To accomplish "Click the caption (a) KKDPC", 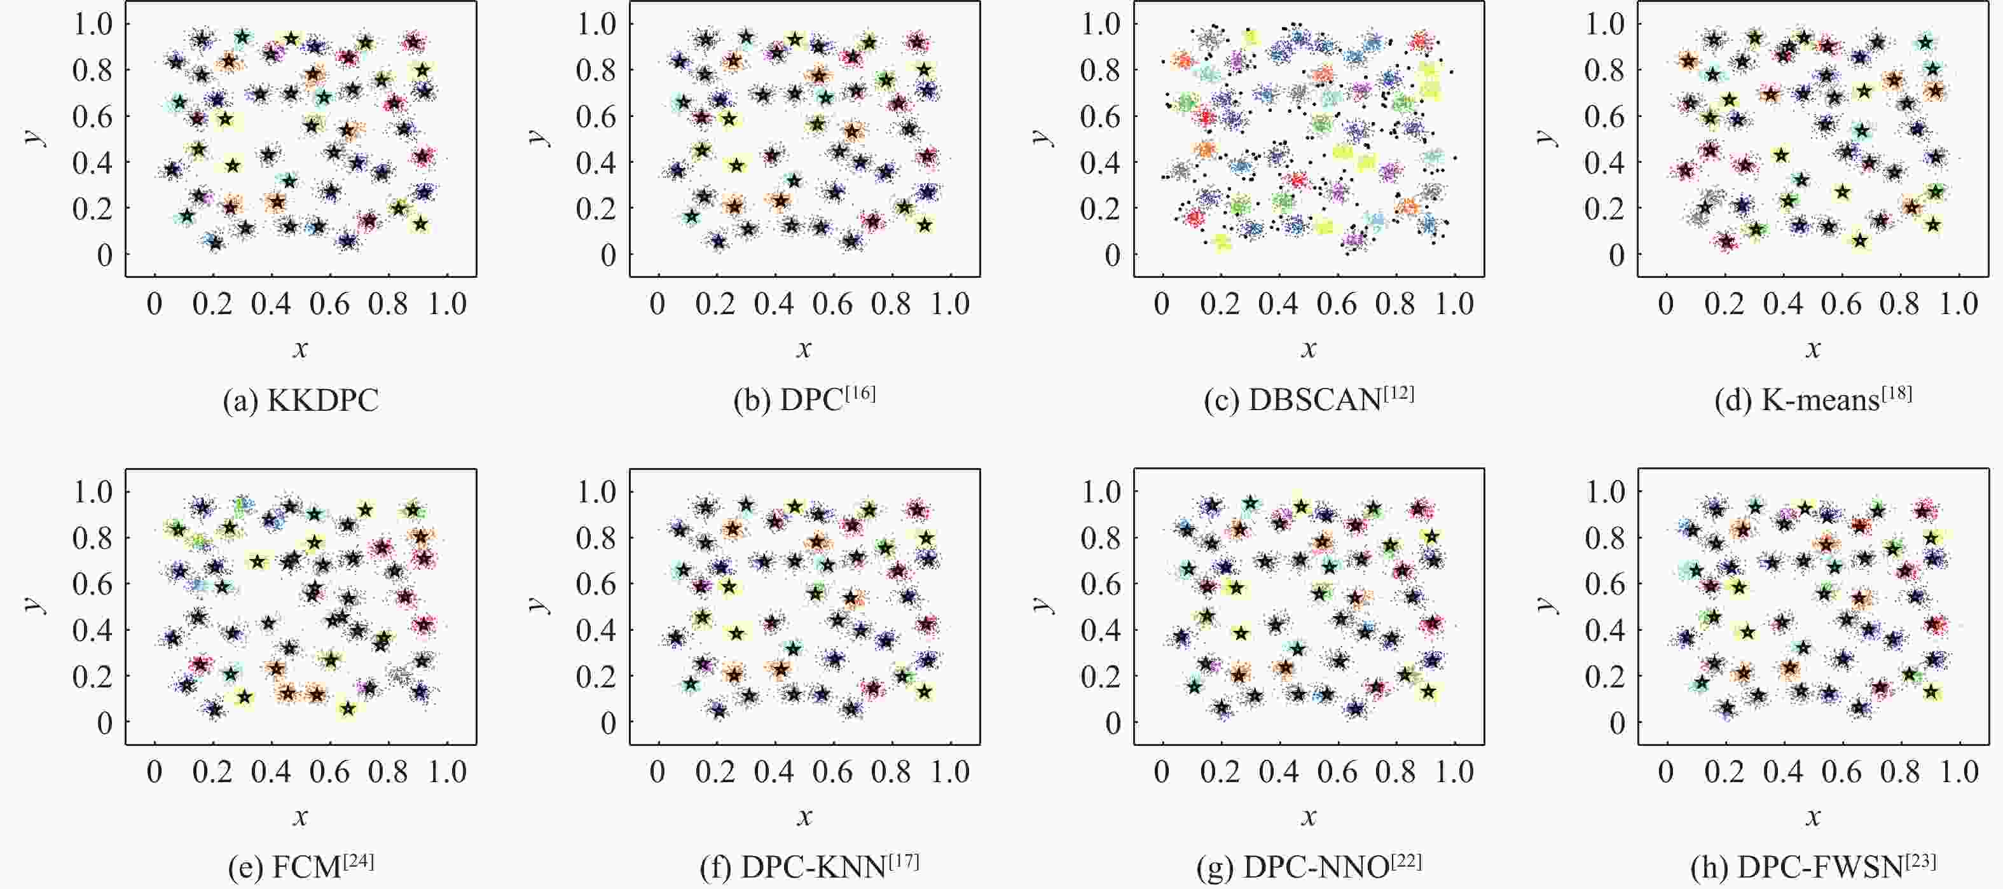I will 300,401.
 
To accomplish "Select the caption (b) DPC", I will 804,399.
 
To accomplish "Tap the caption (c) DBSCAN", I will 1309,399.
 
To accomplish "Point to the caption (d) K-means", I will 1812,399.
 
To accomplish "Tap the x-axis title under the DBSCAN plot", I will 1309,348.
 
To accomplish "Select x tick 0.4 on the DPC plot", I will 774,303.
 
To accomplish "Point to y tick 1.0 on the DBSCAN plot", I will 1101,24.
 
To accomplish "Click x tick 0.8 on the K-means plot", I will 1899,303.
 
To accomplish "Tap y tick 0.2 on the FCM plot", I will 93,677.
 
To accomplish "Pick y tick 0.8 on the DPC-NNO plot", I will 1101,538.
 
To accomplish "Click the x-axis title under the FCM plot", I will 300,816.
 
